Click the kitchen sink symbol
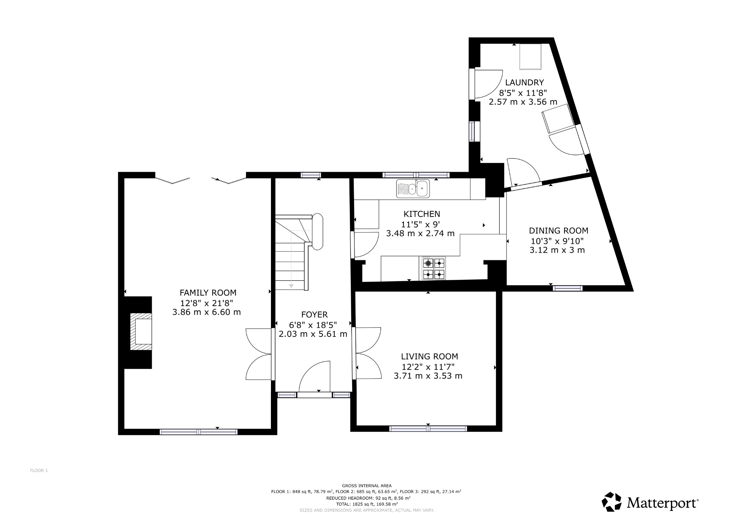click(x=413, y=189)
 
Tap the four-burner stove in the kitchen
click(x=434, y=268)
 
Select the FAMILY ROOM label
click(x=208, y=292)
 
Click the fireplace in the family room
click(x=140, y=332)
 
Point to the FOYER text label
click(x=314, y=315)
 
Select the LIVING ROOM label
click(x=429, y=356)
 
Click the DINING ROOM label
click(x=558, y=230)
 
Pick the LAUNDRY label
click(x=524, y=82)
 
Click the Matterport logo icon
click(x=611, y=501)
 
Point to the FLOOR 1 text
click(x=39, y=471)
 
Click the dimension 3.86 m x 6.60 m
click(x=206, y=312)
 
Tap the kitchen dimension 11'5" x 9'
click(x=420, y=224)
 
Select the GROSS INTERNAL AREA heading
click(x=367, y=486)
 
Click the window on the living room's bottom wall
click(x=428, y=428)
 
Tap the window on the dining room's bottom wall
click(x=567, y=288)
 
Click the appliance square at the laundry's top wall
click(x=530, y=57)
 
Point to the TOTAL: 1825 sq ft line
click(x=367, y=504)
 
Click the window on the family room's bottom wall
click(x=198, y=432)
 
